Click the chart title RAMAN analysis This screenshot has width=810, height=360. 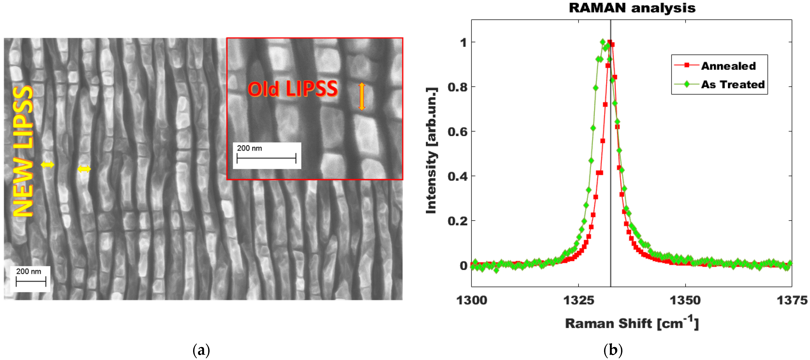pyautogui.click(x=632, y=8)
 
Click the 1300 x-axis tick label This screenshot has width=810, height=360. pyautogui.click(x=471, y=300)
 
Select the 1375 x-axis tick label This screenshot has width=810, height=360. pyautogui.click(x=791, y=300)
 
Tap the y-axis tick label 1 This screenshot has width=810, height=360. pyautogui.click(x=463, y=42)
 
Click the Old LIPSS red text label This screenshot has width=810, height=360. pyautogui.click(x=292, y=89)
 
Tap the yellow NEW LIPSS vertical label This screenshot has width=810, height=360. pyautogui.click(x=23, y=151)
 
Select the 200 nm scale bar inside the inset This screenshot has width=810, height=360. pyautogui.click(x=266, y=156)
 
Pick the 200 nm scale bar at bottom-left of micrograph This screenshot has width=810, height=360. pyautogui.click(x=30, y=278)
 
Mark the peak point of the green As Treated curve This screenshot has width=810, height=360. pyautogui.click(x=603, y=42)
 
